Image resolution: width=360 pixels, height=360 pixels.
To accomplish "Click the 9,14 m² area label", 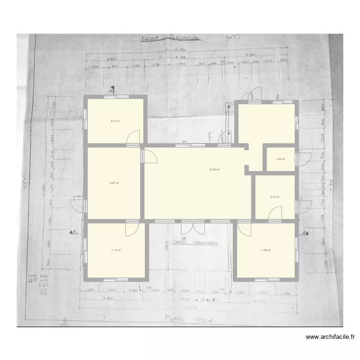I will coord(115,121).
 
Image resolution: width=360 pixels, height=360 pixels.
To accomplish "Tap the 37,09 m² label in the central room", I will coord(214,169).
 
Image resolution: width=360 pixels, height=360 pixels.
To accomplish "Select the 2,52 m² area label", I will coord(280,160).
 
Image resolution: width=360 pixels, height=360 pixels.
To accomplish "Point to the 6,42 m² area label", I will coord(275,197).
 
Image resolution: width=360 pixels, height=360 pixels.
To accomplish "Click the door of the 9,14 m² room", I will coord(133,139).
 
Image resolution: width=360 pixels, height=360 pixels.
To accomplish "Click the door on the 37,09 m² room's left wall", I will coord(149,156).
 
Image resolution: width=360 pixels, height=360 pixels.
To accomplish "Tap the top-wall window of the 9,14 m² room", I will coord(115,97).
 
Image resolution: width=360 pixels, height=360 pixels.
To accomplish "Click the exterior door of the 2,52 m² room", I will coord(302,159).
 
